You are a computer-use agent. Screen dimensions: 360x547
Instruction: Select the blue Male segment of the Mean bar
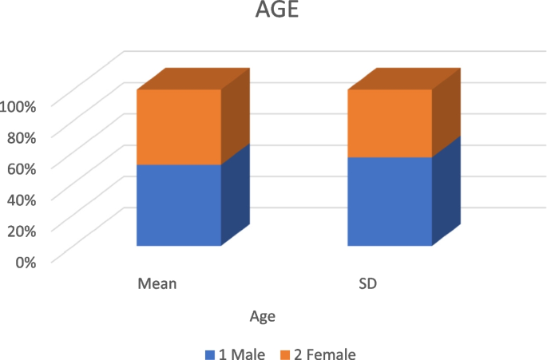pos(179,205)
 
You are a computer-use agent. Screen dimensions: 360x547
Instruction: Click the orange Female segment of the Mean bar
pos(179,127)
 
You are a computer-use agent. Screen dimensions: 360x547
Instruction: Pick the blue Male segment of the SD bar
pos(390,201)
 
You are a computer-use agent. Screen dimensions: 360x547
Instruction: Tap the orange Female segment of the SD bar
pos(390,123)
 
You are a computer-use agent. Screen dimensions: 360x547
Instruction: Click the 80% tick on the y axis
pos(22,136)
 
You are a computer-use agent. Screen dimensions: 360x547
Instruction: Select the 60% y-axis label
pos(22,168)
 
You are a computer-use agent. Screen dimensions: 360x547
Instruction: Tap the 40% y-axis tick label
pos(22,199)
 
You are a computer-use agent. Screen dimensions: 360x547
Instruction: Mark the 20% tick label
pos(22,230)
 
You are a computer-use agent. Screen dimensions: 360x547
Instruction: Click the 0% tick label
pos(26,261)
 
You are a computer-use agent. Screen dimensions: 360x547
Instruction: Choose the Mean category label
pos(157,283)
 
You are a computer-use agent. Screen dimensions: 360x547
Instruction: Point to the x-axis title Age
pos(263,316)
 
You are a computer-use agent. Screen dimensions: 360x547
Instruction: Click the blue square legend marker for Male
pos(210,354)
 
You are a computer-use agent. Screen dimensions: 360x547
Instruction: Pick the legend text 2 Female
pos(323,354)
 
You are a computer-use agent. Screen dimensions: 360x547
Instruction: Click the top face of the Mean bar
pos(192,78)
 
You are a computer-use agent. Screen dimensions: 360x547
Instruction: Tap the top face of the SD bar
pos(404,78)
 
